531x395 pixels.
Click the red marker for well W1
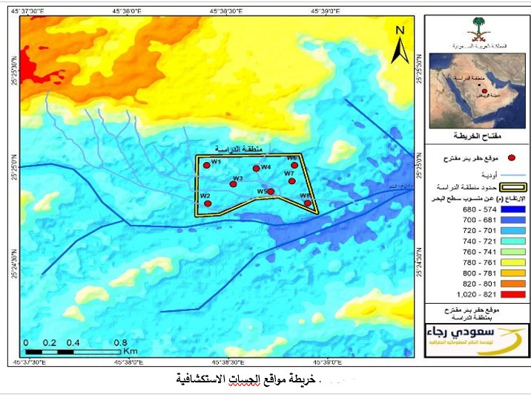tap(207, 166)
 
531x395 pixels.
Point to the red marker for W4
tap(257, 169)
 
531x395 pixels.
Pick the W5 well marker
tap(271, 192)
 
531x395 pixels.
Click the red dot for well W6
tap(294, 165)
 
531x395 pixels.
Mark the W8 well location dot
tap(308, 202)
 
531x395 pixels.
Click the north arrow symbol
tap(400, 47)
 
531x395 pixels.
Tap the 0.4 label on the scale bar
tap(73, 342)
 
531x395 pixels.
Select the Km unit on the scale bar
tap(131, 350)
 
